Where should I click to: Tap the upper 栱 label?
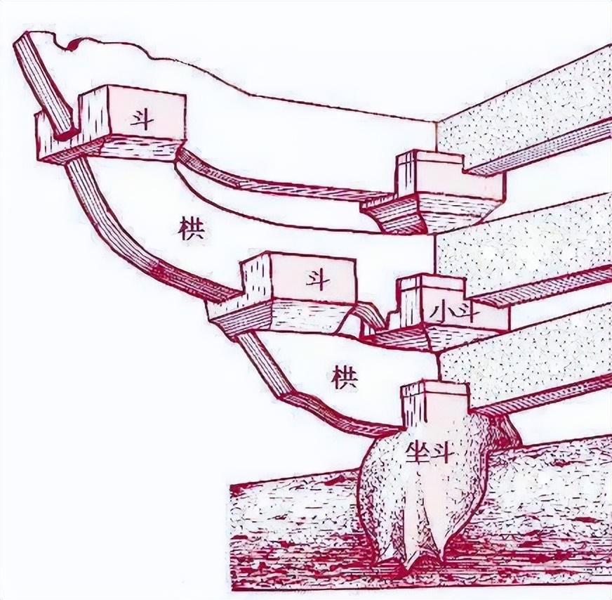click(189, 230)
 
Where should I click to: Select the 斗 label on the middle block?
click(313, 278)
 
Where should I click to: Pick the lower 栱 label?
click(345, 377)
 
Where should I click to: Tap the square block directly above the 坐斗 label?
click(434, 404)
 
